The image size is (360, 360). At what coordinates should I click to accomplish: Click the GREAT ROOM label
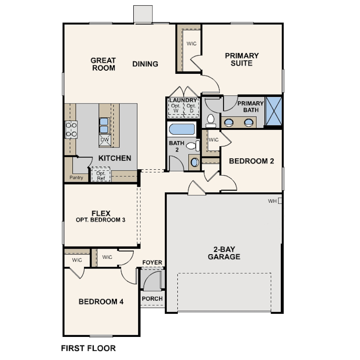[103, 64]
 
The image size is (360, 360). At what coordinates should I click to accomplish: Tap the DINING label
[145, 64]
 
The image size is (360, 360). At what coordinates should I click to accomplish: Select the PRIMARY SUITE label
[242, 59]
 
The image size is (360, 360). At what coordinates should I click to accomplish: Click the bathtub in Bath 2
[182, 130]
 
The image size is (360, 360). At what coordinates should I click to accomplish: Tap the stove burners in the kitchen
[72, 129]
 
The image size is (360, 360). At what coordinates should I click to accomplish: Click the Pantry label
[76, 178]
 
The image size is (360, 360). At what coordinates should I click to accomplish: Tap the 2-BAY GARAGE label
[224, 253]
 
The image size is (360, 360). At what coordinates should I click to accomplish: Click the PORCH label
[152, 299]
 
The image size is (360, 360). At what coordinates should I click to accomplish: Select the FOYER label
[152, 263]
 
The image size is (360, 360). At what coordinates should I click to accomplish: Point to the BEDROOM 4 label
[101, 302]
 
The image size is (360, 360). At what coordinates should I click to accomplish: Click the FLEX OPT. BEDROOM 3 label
[100, 216]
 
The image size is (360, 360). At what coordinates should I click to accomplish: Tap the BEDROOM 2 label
[251, 161]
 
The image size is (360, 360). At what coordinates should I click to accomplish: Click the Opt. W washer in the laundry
[175, 108]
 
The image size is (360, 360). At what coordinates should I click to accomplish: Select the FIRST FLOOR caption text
[88, 348]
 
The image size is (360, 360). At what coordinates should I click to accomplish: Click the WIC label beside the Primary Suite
[192, 44]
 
